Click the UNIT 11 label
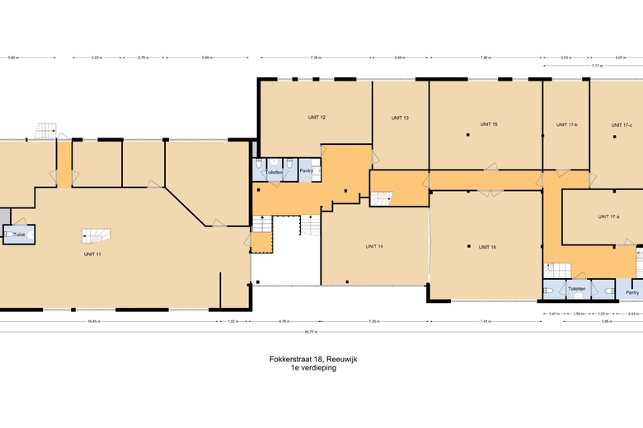coord(92,254)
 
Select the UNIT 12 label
coord(317,118)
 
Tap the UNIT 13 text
coord(400,118)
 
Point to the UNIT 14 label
coord(374,246)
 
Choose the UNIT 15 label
coord(489,124)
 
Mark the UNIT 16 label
coord(487,247)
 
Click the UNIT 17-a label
coord(608,216)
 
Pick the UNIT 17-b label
coord(567,124)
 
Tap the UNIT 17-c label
coord(622,124)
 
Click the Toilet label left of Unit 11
coord(19,235)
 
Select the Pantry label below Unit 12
coord(306,171)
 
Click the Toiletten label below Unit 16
coord(576,289)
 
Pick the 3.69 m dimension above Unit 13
coord(399,58)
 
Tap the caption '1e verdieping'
coord(312,368)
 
